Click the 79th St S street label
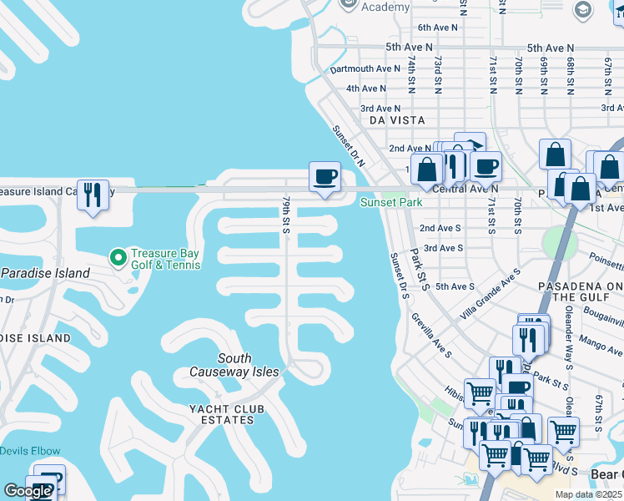click(285, 215)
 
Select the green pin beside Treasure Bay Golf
click(118, 255)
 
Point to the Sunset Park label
click(390, 202)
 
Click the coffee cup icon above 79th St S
click(325, 176)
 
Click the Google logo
click(28, 491)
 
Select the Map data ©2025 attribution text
click(588, 494)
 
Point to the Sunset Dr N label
click(349, 146)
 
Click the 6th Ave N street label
click(438, 28)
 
